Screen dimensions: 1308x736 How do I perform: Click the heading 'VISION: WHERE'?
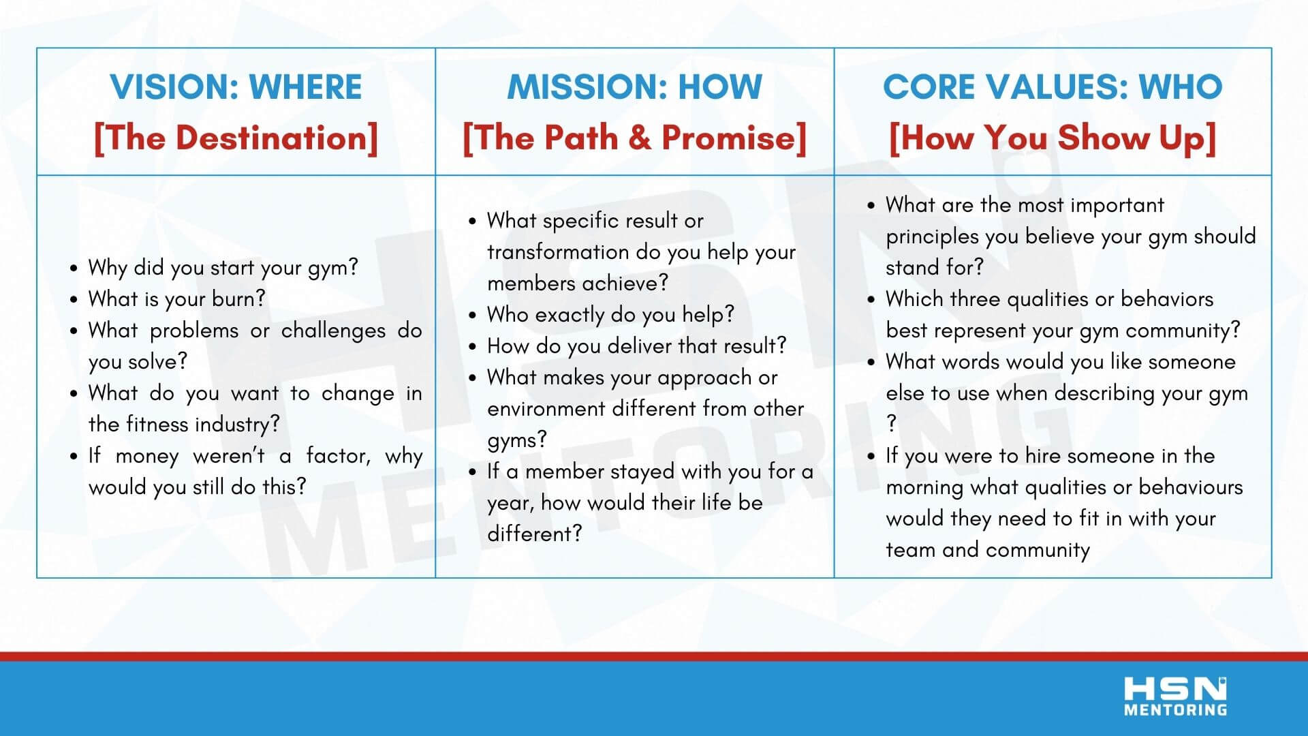pyautogui.click(x=236, y=87)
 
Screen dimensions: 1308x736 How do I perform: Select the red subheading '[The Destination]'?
pyautogui.click(x=236, y=138)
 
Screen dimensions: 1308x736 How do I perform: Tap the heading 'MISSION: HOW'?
pyautogui.click(x=634, y=87)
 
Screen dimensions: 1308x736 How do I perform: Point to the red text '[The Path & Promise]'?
pyautogui.click(x=634, y=138)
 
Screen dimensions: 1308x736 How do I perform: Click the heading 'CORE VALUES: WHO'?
pyautogui.click(x=1053, y=87)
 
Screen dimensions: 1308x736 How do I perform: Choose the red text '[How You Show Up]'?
pyautogui.click(x=1053, y=138)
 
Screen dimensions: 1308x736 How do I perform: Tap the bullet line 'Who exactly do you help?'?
pyautogui.click(x=610, y=315)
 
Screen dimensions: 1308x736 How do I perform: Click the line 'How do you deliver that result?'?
pyautogui.click(x=636, y=346)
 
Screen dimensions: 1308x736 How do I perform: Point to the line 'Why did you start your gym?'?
pyautogui.click(x=223, y=268)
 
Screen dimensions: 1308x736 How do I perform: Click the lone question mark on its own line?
pyautogui.click(x=891, y=424)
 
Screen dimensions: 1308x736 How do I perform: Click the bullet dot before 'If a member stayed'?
pyautogui.click(x=473, y=472)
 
